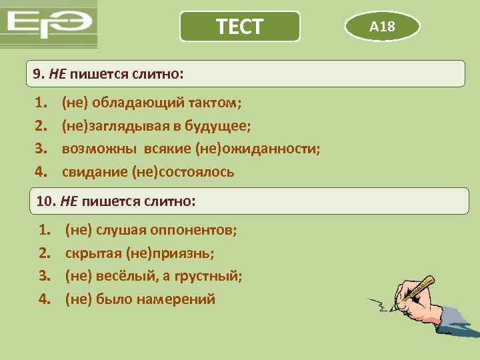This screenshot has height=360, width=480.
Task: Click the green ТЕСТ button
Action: point(240,27)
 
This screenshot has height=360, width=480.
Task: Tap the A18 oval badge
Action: point(383,27)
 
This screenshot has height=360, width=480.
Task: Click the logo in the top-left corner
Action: point(49,25)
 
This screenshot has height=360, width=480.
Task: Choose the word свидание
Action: point(94,172)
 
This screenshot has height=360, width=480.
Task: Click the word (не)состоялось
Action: point(183,172)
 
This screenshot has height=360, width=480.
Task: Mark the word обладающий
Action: point(131,103)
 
